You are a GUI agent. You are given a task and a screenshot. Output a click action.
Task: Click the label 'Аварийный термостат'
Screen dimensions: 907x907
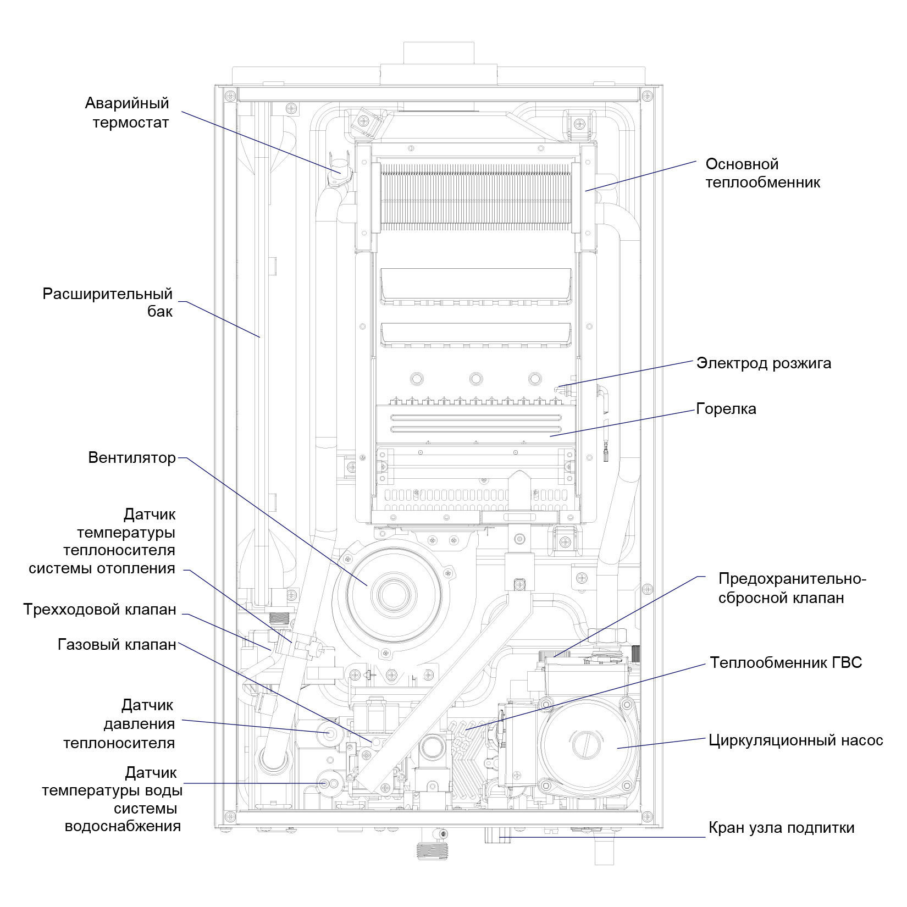point(127,112)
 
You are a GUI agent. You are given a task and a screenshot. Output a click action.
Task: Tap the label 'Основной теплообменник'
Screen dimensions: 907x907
point(763,173)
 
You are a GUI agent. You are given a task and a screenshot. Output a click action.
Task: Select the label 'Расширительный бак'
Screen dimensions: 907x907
point(108,302)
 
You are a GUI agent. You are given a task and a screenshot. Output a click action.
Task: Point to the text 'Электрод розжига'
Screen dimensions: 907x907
point(764,363)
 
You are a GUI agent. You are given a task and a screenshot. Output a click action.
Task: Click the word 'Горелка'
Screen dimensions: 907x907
point(726,409)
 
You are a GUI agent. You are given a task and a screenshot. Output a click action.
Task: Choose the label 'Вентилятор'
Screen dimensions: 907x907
point(132,458)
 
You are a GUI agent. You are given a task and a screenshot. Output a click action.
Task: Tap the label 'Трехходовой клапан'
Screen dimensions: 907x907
point(100,610)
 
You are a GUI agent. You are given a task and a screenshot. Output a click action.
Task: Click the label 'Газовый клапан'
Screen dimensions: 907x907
point(117,644)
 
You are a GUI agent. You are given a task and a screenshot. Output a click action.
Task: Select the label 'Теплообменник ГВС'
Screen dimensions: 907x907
point(786,662)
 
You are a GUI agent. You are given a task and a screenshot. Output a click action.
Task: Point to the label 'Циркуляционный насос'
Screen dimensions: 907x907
point(796,740)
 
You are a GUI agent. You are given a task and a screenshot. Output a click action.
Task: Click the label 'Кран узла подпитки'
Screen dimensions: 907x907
point(781,828)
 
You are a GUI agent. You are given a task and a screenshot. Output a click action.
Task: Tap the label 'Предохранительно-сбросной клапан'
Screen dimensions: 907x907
point(792,588)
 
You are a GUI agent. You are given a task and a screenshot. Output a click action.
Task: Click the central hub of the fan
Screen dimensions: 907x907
point(391,594)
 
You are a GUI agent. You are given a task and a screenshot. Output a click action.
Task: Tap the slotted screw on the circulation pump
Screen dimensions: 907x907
point(585,745)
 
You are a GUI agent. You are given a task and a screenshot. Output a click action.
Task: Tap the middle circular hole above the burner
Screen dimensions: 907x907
point(476,379)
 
